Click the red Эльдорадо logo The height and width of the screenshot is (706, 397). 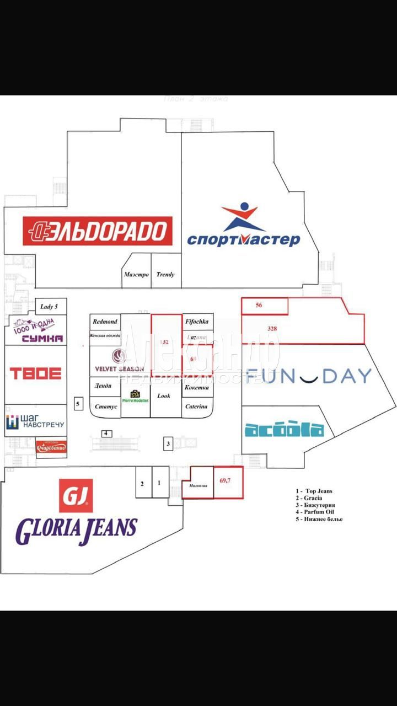point(98,231)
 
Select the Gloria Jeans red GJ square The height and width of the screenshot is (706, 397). point(76,495)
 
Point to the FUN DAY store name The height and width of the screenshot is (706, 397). point(309,376)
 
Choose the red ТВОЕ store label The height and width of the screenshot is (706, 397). point(35,373)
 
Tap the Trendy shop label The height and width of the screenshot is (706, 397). point(165,274)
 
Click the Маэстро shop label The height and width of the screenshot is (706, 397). point(136,274)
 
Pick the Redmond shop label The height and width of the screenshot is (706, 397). point(105,321)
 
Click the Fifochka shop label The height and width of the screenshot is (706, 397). point(196,321)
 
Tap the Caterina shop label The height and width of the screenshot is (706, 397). point(196,407)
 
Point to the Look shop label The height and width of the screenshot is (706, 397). point(164,395)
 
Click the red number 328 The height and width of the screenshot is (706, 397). point(272,329)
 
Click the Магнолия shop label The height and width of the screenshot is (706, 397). point(197,486)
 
